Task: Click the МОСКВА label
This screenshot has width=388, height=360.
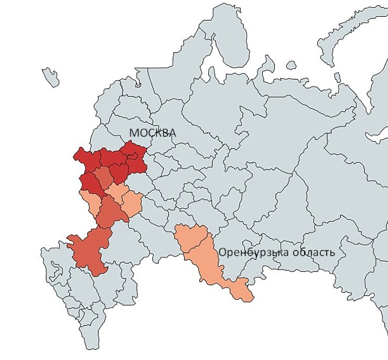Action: tap(152, 133)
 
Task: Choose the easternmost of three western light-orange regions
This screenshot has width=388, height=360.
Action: tap(133, 202)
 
